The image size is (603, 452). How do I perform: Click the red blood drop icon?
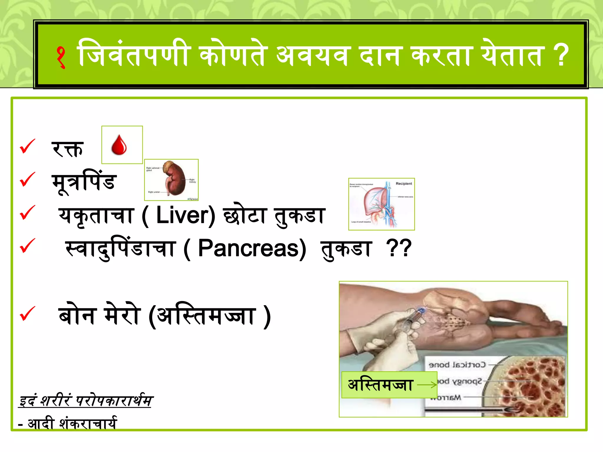click(119, 145)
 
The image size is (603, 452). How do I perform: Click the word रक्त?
click(67, 149)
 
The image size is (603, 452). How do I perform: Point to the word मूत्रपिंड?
click(84, 182)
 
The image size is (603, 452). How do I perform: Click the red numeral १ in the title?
click(61, 57)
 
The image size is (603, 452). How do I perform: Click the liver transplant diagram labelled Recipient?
click(381, 204)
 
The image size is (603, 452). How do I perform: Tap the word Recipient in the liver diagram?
click(404, 184)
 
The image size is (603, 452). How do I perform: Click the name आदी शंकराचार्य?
click(72, 424)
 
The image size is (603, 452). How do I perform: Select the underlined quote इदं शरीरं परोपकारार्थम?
click(85, 401)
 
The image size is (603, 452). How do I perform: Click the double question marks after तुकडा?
click(399, 249)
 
